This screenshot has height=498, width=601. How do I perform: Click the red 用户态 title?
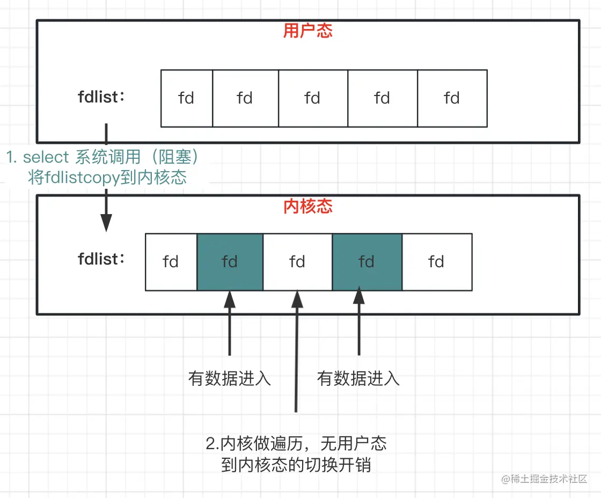pos(308,31)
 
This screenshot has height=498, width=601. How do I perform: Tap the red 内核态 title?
pos(308,207)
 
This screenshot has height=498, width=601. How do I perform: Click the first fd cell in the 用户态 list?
pos(186,98)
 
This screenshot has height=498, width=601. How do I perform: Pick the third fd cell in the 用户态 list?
pos(312,98)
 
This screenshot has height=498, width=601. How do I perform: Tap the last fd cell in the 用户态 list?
pos(452,98)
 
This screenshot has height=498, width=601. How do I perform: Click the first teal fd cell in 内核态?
pos(230,262)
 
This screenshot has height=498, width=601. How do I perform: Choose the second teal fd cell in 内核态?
pos(367,262)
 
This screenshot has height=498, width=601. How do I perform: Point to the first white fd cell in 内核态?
pos(171,262)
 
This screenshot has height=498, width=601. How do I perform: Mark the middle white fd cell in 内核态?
pos(297,262)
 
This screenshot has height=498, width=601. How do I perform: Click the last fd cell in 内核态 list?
pos(436,262)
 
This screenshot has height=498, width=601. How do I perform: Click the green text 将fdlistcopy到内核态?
pos(107,178)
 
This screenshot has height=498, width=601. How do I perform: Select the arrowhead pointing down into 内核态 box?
pos(106,222)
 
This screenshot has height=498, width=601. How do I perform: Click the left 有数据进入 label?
pos(230,378)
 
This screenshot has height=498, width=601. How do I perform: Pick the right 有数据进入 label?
pos(358,378)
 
